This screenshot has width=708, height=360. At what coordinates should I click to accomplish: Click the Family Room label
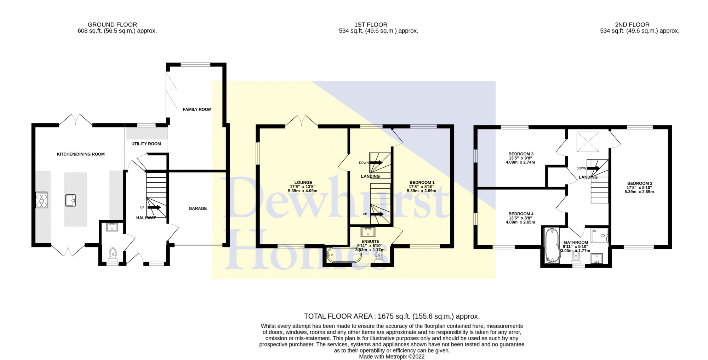[197, 109]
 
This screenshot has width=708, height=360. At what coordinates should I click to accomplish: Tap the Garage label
[198, 208]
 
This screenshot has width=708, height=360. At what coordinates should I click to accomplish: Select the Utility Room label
[146, 144]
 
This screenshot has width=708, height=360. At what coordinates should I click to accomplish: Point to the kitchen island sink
[71, 201]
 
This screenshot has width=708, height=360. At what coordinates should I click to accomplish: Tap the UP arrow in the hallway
[154, 207]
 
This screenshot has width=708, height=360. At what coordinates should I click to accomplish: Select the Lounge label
[303, 183]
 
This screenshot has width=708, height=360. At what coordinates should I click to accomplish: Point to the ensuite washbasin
[368, 232]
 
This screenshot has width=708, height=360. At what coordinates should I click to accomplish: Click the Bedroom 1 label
[422, 183]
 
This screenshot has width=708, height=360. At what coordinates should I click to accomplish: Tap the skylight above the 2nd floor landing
[588, 142]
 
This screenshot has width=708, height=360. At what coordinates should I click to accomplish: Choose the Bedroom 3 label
[521, 154]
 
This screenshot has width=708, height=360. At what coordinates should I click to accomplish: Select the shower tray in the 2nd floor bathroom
[599, 235]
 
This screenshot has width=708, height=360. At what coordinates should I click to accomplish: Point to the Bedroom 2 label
[639, 183]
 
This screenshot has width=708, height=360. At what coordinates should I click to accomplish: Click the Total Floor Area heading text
[392, 316]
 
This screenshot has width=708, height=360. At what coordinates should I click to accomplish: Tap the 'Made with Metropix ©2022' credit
[392, 356]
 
